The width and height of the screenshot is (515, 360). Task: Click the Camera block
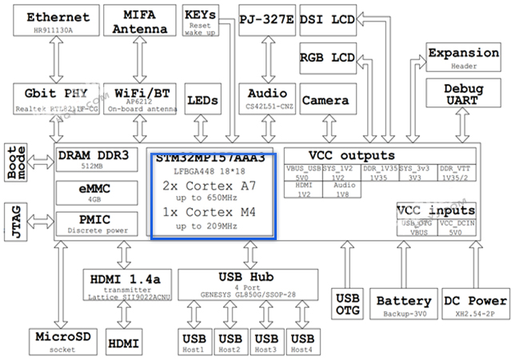326,100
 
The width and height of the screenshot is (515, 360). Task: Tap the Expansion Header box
463,58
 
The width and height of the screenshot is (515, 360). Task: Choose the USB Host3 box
266,342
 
